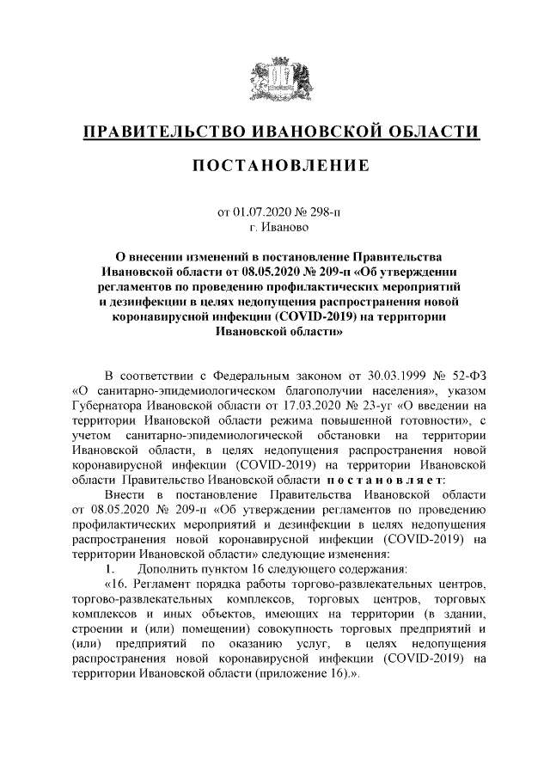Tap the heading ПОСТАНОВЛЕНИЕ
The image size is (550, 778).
click(x=274, y=164)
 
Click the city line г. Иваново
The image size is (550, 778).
click(x=274, y=228)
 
